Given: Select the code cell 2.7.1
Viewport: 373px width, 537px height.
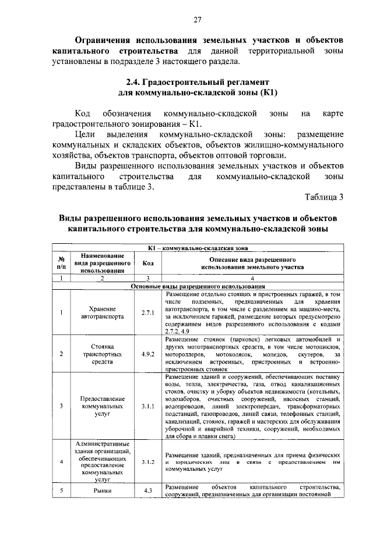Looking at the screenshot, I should pyautogui.click(x=147, y=314).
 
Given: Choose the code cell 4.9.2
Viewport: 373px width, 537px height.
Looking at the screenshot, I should pyautogui.click(x=147, y=353).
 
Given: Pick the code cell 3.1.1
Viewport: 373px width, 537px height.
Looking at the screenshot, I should pyautogui.click(x=147, y=406).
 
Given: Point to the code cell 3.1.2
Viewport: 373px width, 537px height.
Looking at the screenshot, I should pyautogui.click(x=147, y=461).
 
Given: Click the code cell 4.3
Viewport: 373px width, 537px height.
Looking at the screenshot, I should pyautogui.click(x=147, y=490).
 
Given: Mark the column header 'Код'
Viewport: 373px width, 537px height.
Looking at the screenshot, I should pyautogui.click(x=147, y=263).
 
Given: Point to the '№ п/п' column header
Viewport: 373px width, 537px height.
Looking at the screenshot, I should pyautogui.click(x=61, y=263).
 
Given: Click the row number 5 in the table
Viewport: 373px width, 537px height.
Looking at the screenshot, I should pyautogui.click(x=61, y=490).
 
